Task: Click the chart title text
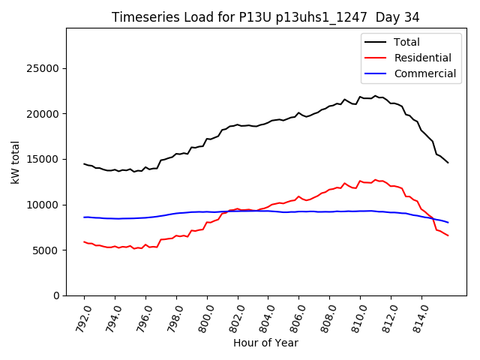(x=265, y=16)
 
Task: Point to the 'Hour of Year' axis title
(x=265, y=343)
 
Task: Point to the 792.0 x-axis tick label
(x=82, y=315)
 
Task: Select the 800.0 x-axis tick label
(x=204, y=315)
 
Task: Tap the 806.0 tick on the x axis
(x=296, y=315)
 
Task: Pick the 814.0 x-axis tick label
(x=418, y=315)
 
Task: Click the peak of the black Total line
(x=376, y=96)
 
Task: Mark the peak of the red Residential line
(x=376, y=180)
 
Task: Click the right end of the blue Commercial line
(x=448, y=222)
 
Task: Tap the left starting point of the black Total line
(x=84, y=163)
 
